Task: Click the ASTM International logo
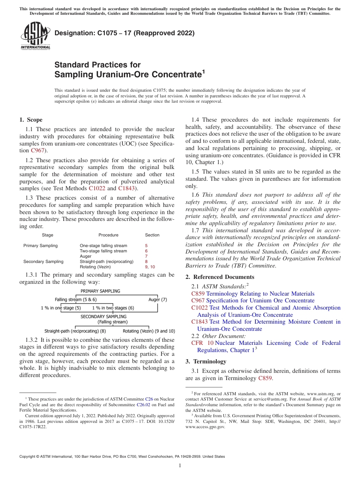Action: [35, 36]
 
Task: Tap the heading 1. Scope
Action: [31, 120]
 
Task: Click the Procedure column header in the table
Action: [108, 235]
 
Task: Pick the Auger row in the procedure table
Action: [85, 256]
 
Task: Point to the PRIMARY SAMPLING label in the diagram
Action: [100, 291]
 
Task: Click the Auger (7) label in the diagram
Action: [158, 300]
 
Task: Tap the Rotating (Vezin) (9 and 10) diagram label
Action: [149, 331]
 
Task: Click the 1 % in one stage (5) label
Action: [61, 308]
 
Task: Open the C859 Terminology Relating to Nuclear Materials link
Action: [253, 294]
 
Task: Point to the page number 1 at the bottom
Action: [180, 466]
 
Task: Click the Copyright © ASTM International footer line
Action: [122, 457]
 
